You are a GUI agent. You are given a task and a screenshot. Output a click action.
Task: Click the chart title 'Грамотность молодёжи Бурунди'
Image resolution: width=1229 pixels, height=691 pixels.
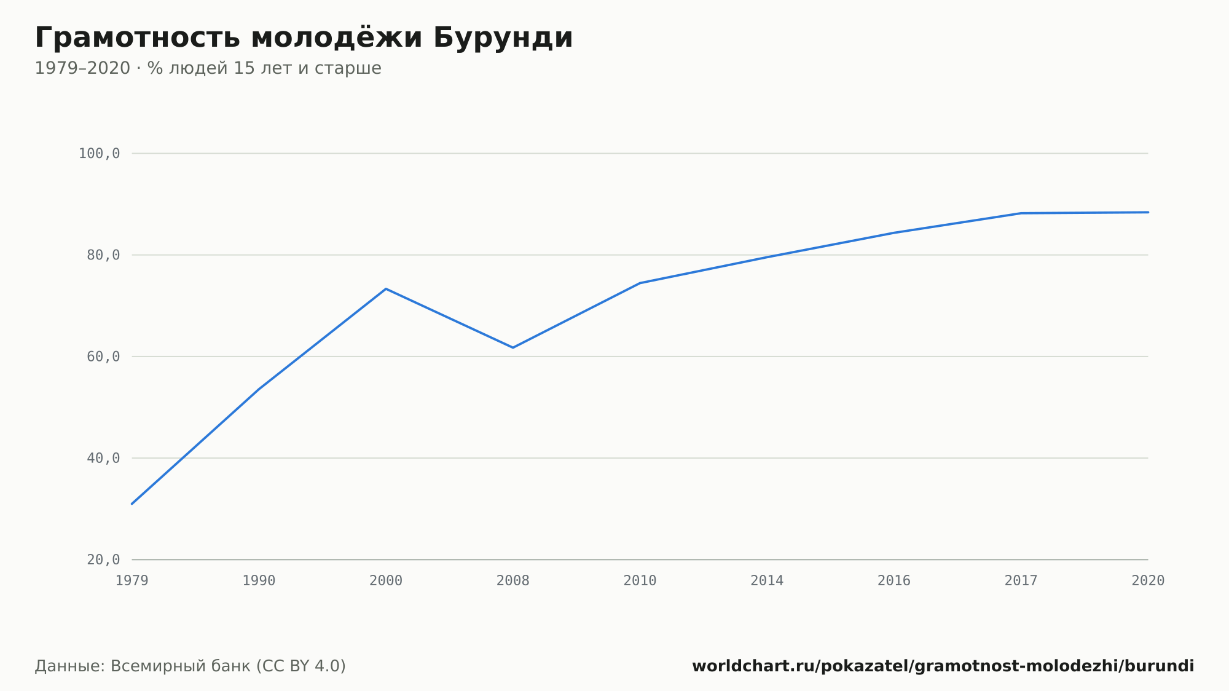click(304, 38)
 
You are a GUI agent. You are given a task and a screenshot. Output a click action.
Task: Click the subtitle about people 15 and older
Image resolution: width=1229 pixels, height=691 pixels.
click(208, 68)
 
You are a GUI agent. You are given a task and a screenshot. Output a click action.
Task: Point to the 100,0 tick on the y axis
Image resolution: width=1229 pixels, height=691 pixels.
click(99, 154)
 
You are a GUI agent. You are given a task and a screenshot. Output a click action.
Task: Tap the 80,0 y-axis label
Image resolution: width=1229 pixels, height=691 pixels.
click(103, 255)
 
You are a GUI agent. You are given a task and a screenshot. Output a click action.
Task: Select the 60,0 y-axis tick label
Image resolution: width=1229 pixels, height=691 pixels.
click(103, 357)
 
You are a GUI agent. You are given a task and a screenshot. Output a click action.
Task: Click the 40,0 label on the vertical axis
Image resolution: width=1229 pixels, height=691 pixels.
click(103, 458)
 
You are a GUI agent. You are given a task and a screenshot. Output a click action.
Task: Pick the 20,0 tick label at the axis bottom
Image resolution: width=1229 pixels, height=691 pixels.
click(103, 559)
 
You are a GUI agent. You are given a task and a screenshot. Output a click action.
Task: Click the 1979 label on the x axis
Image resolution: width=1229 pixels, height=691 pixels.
click(132, 581)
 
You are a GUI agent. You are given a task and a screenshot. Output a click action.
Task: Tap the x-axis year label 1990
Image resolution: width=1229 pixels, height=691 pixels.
click(259, 581)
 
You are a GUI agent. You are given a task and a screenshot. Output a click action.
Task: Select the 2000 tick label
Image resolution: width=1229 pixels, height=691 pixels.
click(386, 581)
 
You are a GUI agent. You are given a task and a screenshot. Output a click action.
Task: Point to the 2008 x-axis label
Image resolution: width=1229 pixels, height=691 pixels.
click(513, 581)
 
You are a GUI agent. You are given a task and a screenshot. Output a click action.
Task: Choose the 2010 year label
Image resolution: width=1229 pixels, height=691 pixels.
click(640, 581)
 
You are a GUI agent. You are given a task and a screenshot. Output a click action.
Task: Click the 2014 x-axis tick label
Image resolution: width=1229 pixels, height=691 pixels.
click(767, 581)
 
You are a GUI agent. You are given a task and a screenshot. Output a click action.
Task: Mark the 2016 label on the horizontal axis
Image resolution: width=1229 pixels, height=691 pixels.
click(894, 581)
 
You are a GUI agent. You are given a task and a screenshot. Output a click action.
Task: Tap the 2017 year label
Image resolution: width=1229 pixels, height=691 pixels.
click(1021, 581)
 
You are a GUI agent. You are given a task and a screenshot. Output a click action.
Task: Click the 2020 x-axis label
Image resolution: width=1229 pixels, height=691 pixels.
click(1148, 581)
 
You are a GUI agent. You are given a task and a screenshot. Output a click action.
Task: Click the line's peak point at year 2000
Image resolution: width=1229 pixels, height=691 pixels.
click(386, 288)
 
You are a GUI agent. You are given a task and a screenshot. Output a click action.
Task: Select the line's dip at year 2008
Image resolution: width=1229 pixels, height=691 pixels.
click(513, 348)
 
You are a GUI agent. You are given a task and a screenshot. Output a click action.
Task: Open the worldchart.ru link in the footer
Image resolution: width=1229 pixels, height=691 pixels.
click(943, 666)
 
